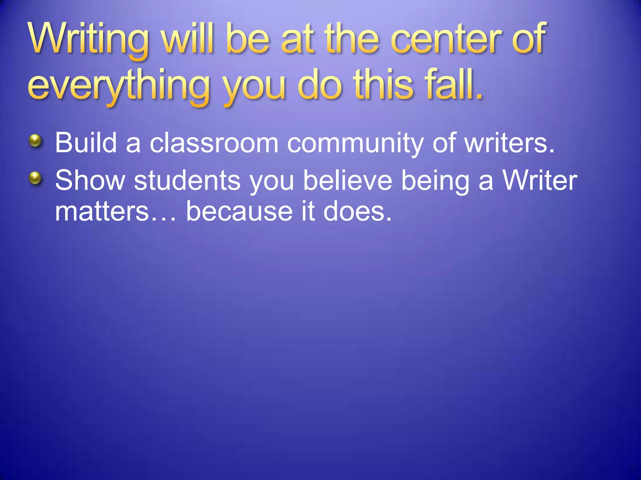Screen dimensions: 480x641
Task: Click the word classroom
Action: [214, 143]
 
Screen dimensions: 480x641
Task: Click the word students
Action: [187, 180]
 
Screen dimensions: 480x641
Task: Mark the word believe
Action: [348, 180]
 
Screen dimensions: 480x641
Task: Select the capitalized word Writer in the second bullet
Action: [540, 180]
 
